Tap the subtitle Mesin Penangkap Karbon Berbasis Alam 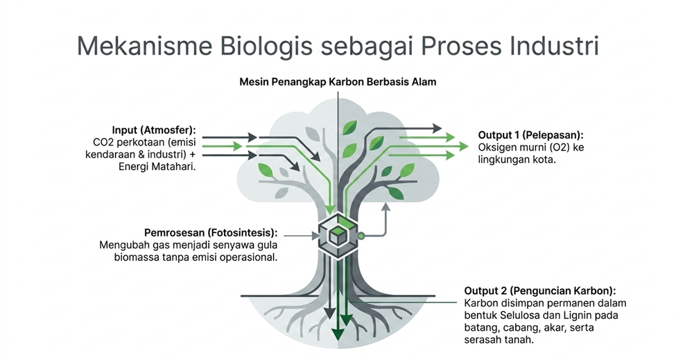[338, 82]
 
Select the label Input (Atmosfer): [153, 130]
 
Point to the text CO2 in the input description [102, 142]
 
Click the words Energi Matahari [157, 166]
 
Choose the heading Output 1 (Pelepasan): [530, 135]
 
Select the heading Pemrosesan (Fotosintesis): [211, 233]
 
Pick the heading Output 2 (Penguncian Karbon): [540, 291]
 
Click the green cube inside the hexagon [338, 235]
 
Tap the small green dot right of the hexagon [361, 236]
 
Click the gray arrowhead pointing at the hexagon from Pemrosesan [315, 236]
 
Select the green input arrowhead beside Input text [237, 146]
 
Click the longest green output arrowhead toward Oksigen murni [463, 146]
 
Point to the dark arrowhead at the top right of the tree [437, 128]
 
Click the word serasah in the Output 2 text [481, 340]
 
